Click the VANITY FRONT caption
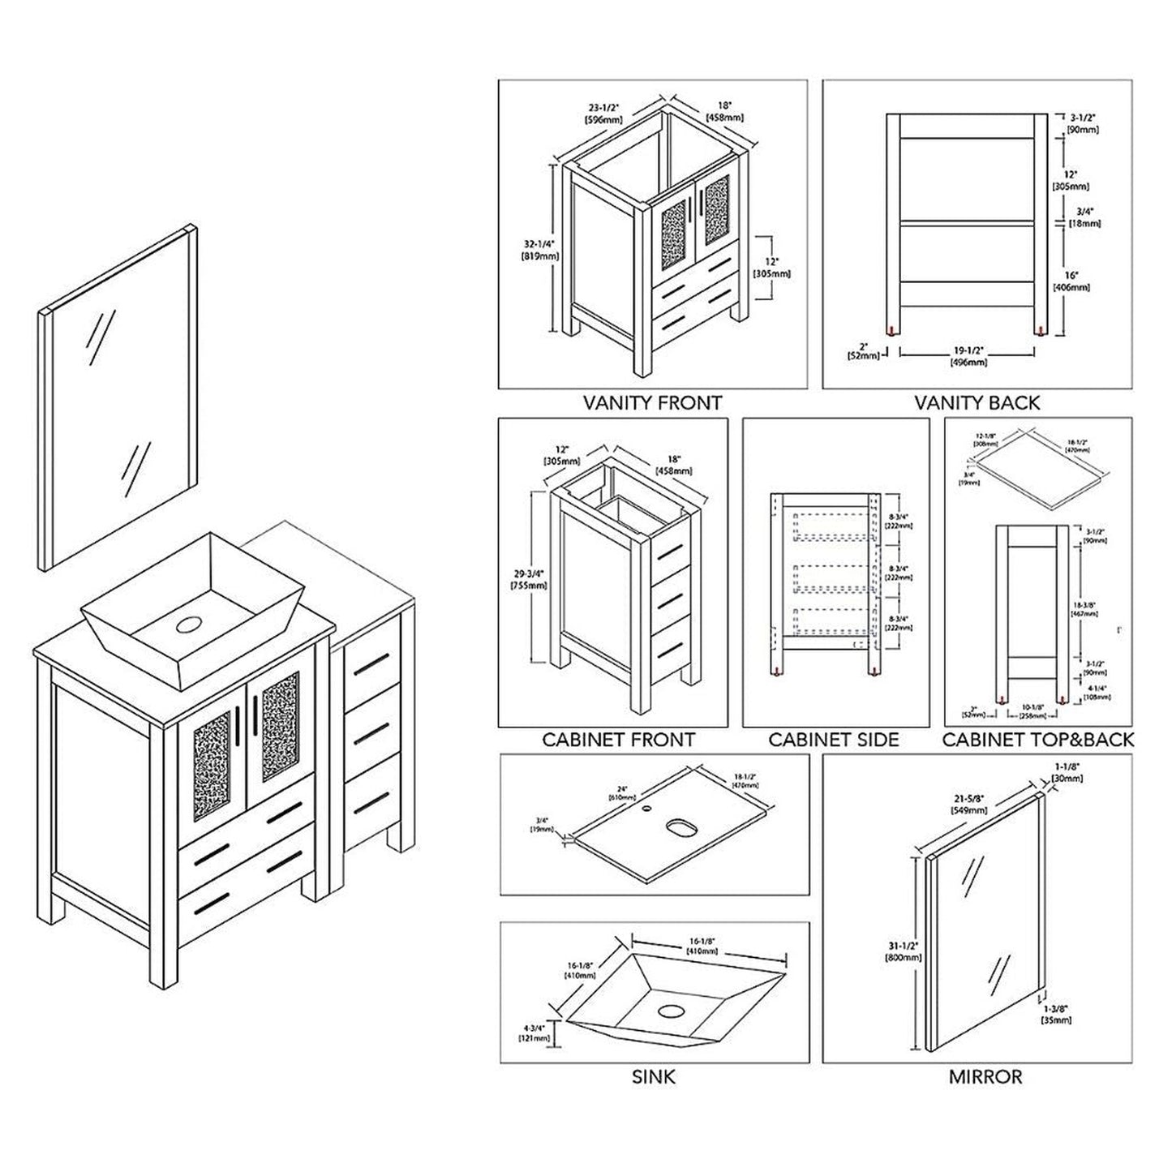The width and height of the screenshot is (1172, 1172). tap(652, 402)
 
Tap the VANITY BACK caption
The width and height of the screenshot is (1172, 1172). tap(977, 402)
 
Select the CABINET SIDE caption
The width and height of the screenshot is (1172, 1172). tap(834, 740)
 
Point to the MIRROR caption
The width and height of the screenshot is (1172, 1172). tap(985, 1077)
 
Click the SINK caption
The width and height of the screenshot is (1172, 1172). tap(653, 1077)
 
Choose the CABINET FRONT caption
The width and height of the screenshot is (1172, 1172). tap(618, 740)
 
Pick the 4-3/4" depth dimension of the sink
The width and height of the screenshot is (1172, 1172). tap(536, 1032)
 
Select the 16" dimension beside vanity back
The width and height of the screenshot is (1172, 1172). tap(1071, 281)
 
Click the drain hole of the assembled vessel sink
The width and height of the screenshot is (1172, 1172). tap(189, 625)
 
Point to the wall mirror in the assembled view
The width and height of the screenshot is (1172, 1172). tap(118, 397)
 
